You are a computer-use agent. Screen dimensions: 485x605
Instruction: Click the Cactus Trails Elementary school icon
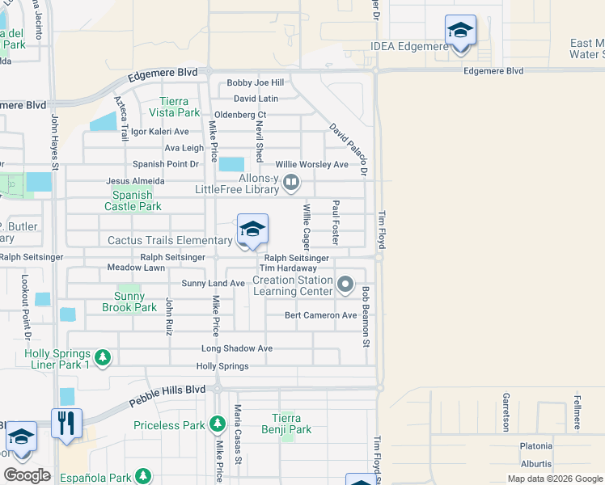click(252, 230)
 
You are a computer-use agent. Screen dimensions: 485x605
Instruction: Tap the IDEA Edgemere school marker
click(460, 32)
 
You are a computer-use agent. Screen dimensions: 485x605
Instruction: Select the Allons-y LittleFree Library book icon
click(291, 185)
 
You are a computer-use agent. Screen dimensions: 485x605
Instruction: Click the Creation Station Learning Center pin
click(345, 284)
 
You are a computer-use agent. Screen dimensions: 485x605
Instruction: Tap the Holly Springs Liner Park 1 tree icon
click(102, 357)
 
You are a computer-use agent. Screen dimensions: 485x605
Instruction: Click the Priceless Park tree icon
click(217, 424)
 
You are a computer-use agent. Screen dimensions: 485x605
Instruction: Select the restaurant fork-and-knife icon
click(66, 424)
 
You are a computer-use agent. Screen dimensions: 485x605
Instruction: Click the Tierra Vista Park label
click(174, 107)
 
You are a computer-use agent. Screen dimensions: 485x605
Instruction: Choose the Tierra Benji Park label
click(287, 424)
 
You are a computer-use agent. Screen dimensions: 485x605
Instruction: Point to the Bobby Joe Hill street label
click(255, 82)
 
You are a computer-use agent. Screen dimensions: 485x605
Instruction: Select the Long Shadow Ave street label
click(237, 348)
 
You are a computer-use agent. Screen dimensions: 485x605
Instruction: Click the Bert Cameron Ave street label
click(320, 315)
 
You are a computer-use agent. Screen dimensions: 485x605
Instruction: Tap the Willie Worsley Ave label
click(311, 164)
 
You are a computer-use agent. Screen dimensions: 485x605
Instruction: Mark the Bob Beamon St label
click(366, 317)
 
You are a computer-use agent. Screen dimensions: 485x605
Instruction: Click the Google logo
click(27, 474)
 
